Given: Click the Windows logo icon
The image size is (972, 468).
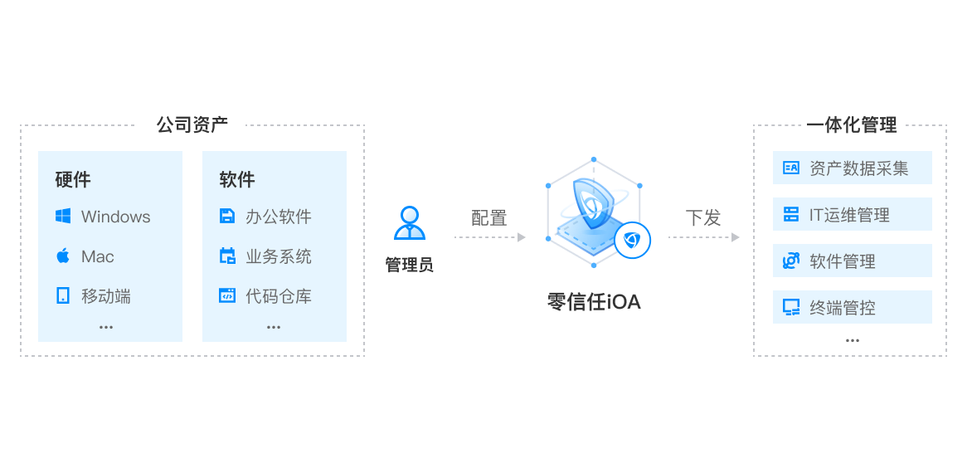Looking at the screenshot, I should (63, 217).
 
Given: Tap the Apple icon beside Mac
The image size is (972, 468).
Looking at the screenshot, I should (63, 256).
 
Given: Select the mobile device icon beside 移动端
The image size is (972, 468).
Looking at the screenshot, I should (63, 295).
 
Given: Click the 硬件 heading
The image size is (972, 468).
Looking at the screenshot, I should (73, 179).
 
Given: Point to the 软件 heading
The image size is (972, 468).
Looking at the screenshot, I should (237, 179).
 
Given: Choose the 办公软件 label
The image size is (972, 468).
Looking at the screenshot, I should (278, 217).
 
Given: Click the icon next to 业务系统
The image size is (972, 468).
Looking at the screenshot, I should (227, 256).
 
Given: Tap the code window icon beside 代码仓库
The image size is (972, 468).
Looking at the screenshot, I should (227, 295).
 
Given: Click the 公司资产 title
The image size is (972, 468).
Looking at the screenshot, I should (192, 125).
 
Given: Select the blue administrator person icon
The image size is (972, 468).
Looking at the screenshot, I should (409, 223).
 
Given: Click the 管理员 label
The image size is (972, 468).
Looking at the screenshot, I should (409, 265).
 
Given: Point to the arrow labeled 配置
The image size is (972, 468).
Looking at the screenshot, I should (490, 237).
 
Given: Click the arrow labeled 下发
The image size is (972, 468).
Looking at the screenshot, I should (703, 237).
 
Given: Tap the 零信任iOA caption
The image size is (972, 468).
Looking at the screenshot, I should (594, 301).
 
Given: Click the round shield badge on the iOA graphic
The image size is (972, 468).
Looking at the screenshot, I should (633, 241).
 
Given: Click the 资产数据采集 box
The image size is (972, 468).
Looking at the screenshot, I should (852, 168).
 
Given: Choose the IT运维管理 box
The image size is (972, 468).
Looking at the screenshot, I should (852, 215).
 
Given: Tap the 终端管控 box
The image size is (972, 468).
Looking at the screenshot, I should (852, 308).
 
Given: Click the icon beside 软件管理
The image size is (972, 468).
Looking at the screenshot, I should (790, 261).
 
